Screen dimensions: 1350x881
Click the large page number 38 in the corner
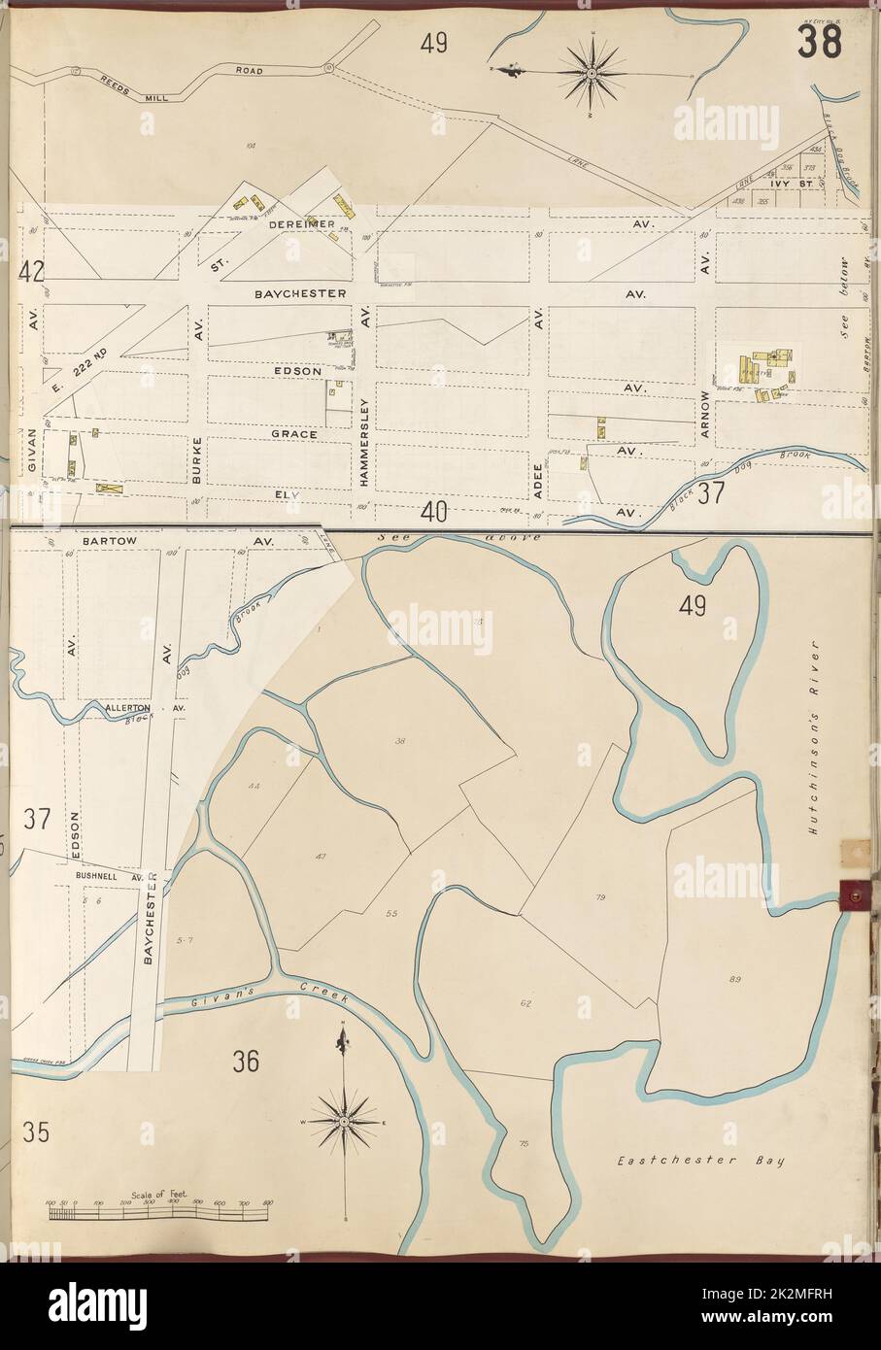821,42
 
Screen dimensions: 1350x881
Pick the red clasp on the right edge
855,889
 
